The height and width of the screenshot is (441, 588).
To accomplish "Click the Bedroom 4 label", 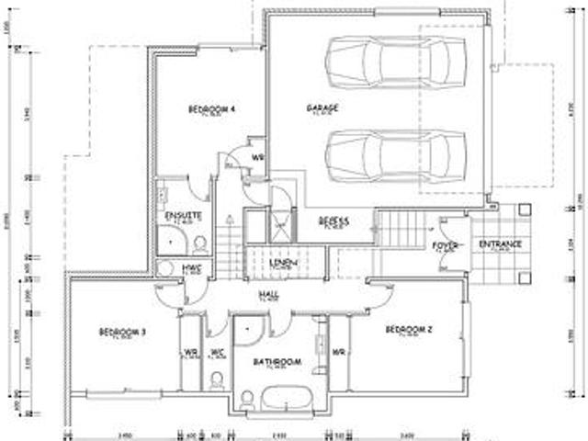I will (x=212, y=109).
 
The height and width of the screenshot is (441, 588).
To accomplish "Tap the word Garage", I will (x=322, y=108).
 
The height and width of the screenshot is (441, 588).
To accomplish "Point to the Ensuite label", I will (x=177, y=216).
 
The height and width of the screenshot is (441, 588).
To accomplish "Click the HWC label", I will (x=193, y=266).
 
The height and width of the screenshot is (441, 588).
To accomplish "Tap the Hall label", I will (x=268, y=294).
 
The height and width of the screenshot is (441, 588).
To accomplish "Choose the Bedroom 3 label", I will (x=122, y=331).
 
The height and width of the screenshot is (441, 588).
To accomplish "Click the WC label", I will (x=218, y=351).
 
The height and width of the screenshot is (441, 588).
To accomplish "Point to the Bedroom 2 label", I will (x=409, y=329).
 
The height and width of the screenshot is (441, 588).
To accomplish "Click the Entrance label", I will (x=501, y=243).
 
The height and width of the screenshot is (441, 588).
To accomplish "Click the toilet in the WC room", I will (x=218, y=380).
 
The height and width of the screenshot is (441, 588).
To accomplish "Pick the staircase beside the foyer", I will (x=397, y=229).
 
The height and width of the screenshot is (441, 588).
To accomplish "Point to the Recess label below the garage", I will (x=332, y=220).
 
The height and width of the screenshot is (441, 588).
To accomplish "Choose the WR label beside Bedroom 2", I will (x=338, y=351).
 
